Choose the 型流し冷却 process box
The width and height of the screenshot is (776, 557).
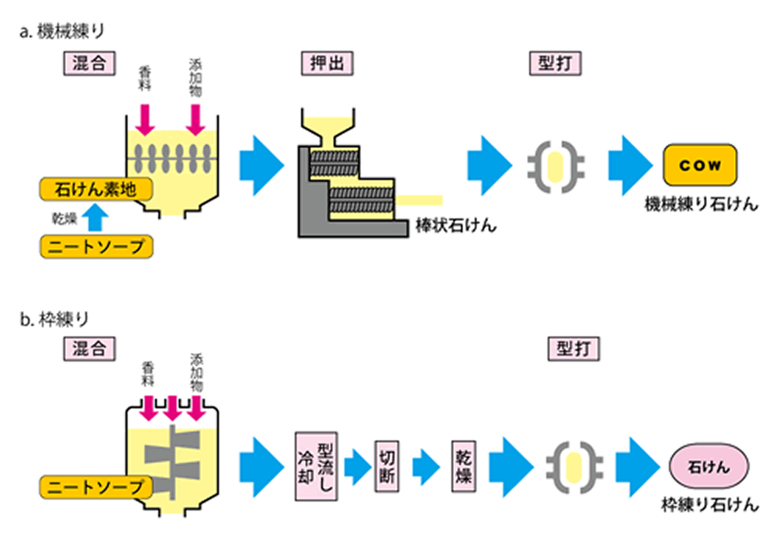coord(315,465)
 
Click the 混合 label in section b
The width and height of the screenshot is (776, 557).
coord(87,346)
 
